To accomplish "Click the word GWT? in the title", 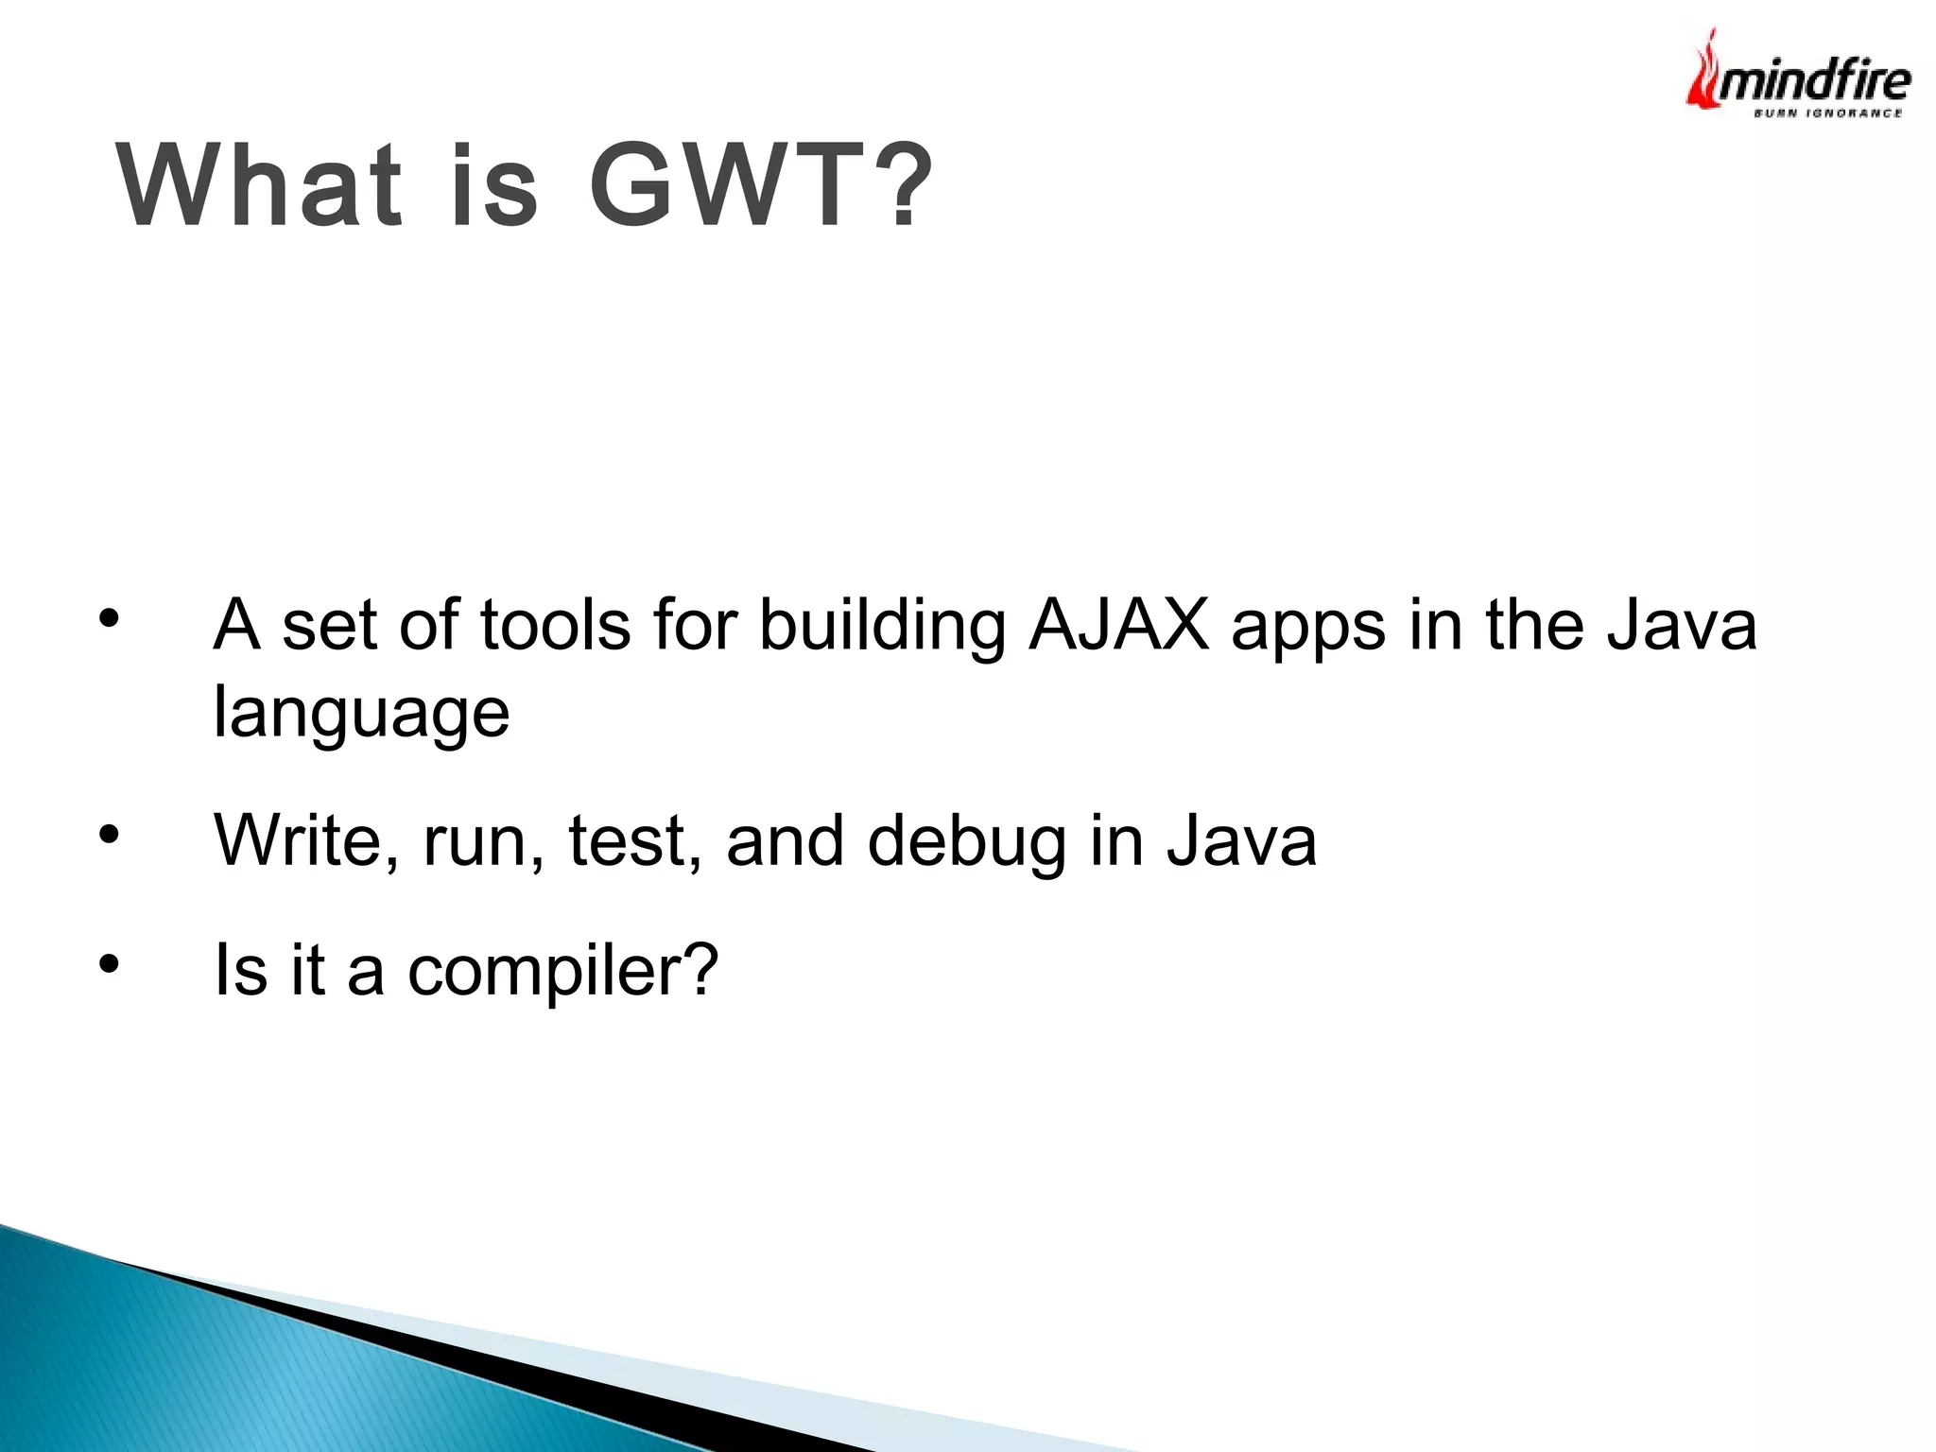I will pyautogui.click(x=761, y=186).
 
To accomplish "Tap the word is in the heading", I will pyautogui.click(x=493, y=186).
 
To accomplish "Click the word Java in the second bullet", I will pyautogui.click(x=1240, y=840).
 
